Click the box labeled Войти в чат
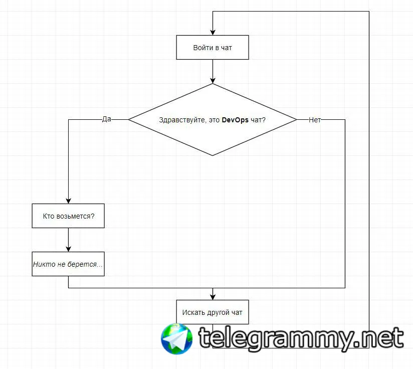[213, 48]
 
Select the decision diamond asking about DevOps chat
[213, 120]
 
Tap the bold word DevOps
[235, 120]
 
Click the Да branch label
[107, 119]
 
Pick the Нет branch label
[315, 120]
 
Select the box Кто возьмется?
[68, 216]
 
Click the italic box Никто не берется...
[68, 264]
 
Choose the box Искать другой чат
[213, 312]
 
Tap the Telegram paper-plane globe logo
[177, 339]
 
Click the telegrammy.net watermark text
[301, 339]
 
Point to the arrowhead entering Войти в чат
[213, 33]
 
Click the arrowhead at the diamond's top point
[213, 81]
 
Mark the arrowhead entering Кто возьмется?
[69, 201]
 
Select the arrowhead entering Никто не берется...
[69, 249]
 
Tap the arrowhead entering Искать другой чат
[213, 297]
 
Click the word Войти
[203, 48]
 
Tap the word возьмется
[76, 216]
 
